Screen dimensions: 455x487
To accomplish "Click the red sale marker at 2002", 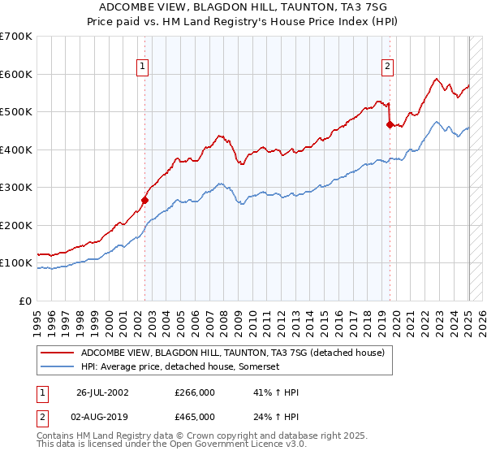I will tap(145, 200).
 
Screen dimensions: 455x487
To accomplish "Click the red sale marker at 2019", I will tap(390, 125).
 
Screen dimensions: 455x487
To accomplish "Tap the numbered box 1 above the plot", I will tap(142, 67).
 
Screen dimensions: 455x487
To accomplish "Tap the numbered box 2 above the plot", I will tap(388, 67).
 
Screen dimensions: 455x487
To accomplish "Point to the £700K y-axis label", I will tap(15, 37).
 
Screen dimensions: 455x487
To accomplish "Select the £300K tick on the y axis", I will tap(15, 188).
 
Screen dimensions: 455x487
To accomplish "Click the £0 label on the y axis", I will tap(25, 301).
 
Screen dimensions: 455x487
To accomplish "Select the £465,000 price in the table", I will tap(195, 417).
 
